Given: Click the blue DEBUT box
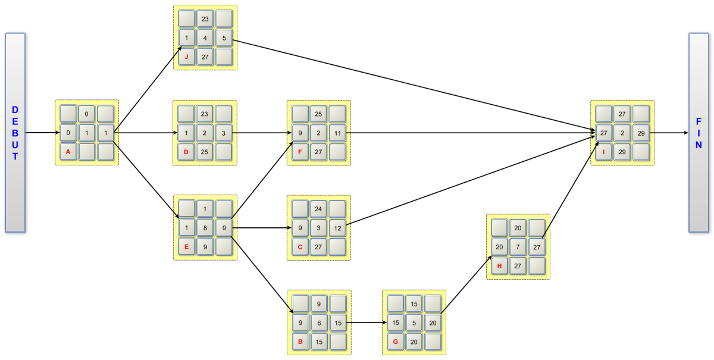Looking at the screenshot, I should [x=15, y=132].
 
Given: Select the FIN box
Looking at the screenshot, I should [x=698, y=132].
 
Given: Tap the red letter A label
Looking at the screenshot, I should [x=68, y=152].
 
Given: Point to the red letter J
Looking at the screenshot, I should [x=187, y=57].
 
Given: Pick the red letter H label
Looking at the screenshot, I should [x=500, y=266].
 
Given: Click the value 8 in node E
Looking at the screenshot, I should [x=205, y=228].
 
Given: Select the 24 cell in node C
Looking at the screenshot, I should [x=319, y=209].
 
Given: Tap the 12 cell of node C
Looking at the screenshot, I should [x=337, y=228].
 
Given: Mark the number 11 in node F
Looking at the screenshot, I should [x=337, y=133].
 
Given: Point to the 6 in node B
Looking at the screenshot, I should [x=319, y=323].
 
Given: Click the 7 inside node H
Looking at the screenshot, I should [x=518, y=247].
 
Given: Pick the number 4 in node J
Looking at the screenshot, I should [x=205, y=38].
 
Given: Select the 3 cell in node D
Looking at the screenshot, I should [x=224, y=133].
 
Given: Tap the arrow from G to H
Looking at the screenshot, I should [x=465, y=285].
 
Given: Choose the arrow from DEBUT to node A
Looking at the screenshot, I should [x=40, y=133].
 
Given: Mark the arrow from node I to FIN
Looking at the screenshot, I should [x=669, y=133].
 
